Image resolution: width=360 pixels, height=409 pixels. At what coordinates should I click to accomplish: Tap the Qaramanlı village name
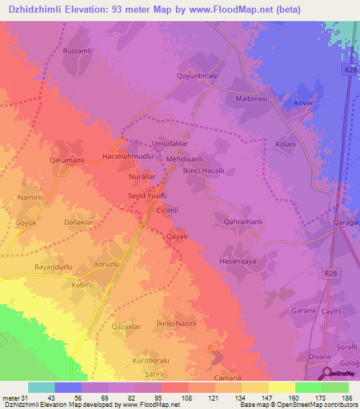tap(67, 160)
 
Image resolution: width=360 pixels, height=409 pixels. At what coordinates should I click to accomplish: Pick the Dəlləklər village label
tap(79, 222)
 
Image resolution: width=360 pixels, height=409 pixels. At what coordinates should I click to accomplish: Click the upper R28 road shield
tap(350, 69)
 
